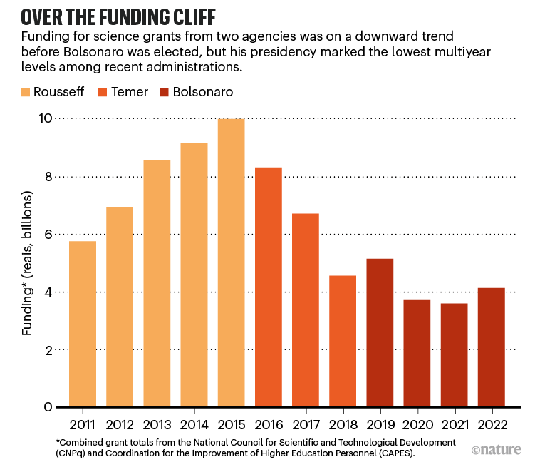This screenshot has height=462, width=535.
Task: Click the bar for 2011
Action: (x=82, y=324)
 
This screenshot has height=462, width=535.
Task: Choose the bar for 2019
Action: (x=379, y=332)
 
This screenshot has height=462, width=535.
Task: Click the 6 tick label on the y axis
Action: (x=48, y=235)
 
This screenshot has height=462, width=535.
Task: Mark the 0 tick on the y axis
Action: (x=48, y=408)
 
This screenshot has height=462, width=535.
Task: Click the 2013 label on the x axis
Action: (x=156, y=424)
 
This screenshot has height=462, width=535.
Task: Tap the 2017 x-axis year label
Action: (x=305, y=424)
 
